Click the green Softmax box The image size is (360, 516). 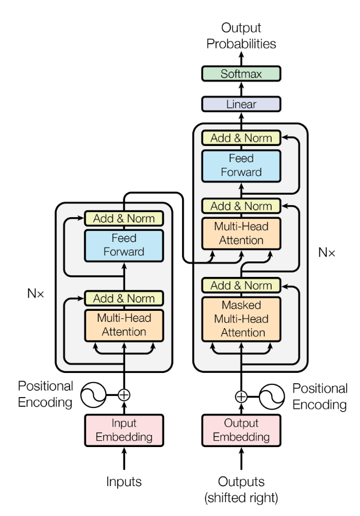[241, 74]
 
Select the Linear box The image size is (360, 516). [241, 104]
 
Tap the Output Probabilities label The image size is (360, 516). [241, 36]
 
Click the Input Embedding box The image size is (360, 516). [124, 429]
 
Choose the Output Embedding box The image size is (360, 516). [241, 429]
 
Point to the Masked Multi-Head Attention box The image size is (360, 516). [241, 318]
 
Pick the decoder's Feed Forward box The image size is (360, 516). [241, 164]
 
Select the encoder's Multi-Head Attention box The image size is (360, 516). [124, 325]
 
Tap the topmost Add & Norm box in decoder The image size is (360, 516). [241, 138]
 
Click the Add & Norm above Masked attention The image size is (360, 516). [241, 285]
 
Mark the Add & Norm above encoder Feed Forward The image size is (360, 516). [124, 218]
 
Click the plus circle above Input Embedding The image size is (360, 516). [124, 395]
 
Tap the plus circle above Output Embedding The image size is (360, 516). [241, 396]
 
